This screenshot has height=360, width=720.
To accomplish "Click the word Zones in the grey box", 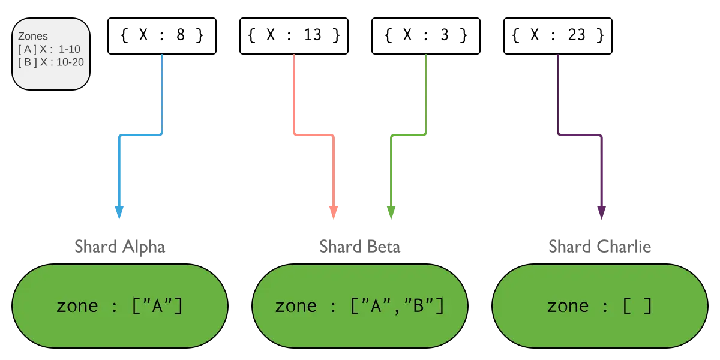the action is [x=33, y=37].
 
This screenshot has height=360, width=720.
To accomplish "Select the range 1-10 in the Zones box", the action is [x=69, y=49].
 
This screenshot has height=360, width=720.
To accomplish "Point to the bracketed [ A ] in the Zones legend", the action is [x=28, y=49].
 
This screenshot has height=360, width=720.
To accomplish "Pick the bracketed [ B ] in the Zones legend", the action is [x=28, y=61].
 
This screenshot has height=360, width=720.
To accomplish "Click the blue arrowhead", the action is [x=119, y=212].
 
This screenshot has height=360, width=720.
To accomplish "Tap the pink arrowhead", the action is [x=334, y=212].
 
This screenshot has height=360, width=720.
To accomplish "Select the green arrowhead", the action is [x=391, y=212].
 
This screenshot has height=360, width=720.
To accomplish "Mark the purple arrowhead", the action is [x=601, y=210].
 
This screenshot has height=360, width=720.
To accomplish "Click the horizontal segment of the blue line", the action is [x=141, y=135].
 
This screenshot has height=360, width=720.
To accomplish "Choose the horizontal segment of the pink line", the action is [x=314, y=135].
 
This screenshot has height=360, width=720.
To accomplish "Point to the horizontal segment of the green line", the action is [x=408, y=135].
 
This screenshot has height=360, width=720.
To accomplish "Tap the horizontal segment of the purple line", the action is [x=580, y=135].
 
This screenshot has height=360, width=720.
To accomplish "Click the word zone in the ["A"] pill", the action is [x=77, y=306].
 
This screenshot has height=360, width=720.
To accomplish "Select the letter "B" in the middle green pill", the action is [x=421, y=306].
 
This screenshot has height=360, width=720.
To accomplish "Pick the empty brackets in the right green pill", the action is [x=637, y=306].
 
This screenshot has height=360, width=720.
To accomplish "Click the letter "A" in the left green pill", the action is [x=158, y=306].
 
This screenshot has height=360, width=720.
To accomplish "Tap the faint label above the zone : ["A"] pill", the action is [x=119, y=246].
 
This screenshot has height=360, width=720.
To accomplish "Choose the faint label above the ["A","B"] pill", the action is [x=359, y=246].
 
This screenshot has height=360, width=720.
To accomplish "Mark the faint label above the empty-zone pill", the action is [x=599, y=246].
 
